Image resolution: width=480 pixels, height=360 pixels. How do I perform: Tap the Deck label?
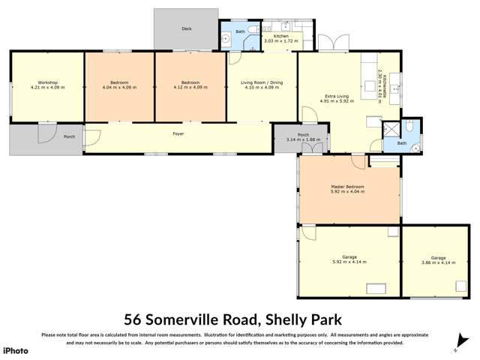(186, 29)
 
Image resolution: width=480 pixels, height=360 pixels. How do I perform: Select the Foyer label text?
(178, 133)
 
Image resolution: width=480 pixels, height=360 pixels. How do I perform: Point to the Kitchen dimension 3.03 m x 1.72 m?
(280, 41)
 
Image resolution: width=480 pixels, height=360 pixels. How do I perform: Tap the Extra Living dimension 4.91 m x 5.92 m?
(335, 102)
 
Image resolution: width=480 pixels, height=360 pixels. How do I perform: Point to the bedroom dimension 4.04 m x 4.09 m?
(119, 88)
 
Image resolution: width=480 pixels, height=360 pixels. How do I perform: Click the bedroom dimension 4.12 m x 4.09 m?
(190, 88)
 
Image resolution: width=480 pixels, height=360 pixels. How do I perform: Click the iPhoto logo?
(16, 350)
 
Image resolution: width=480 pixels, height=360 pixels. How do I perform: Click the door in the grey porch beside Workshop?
(46, 133)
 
